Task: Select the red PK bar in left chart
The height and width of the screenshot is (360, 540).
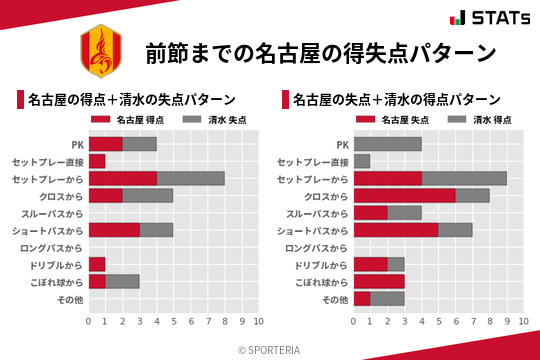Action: click(x=105, y=144)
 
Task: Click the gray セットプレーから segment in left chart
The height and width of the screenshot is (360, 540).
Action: click(x=190, y=179)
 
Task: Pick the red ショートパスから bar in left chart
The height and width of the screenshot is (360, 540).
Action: click(x=113, y=230)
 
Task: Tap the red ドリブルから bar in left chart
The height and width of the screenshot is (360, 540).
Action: click(x=96, y=264)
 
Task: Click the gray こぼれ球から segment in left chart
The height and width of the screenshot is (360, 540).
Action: click(x=122, y=281)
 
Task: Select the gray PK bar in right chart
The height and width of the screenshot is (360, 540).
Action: click(x=387, y=144)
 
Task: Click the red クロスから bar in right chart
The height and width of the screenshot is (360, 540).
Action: click(x=404, y=196)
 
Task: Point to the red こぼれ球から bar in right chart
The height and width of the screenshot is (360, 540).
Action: click(x=378, y=281)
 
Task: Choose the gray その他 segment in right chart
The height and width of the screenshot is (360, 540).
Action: click(x=387, y=298)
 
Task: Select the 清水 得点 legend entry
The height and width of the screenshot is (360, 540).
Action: click(x=475, y=120)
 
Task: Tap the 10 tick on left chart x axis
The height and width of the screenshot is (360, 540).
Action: click(x=258, y=322)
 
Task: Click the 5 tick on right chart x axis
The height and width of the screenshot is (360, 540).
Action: click(x=438, y=322)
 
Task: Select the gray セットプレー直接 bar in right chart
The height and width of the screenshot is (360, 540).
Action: click(x=361, y=161)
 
